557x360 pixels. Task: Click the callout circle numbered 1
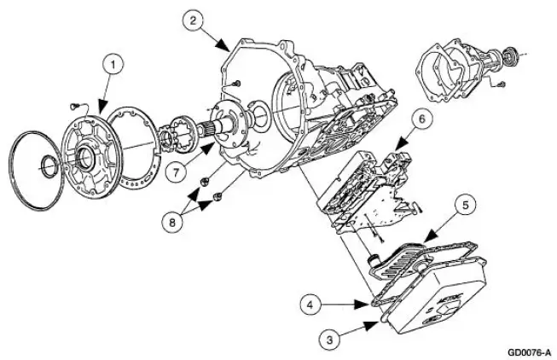click(x=113, y=66)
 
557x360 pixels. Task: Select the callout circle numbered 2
click(x=193, y=20)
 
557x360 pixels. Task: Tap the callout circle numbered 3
click(x=329, y=340)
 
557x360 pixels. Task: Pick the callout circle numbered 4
click(x=310, y=305)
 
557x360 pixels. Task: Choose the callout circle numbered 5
click(x=466, y=205)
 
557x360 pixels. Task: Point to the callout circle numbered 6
click(x=421, y=119)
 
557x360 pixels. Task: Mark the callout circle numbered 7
click(x=177, y=173)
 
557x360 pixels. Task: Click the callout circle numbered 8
click(x=172, y=223)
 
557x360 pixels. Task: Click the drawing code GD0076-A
click(x=530, y=352)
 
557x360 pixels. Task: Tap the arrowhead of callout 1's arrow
click(x=102, y=107)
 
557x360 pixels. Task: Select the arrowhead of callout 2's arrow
click(x=223, y=46)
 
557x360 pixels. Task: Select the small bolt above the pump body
click(x=73, y=106)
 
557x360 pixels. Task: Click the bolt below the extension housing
click(x=502, y=84)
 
